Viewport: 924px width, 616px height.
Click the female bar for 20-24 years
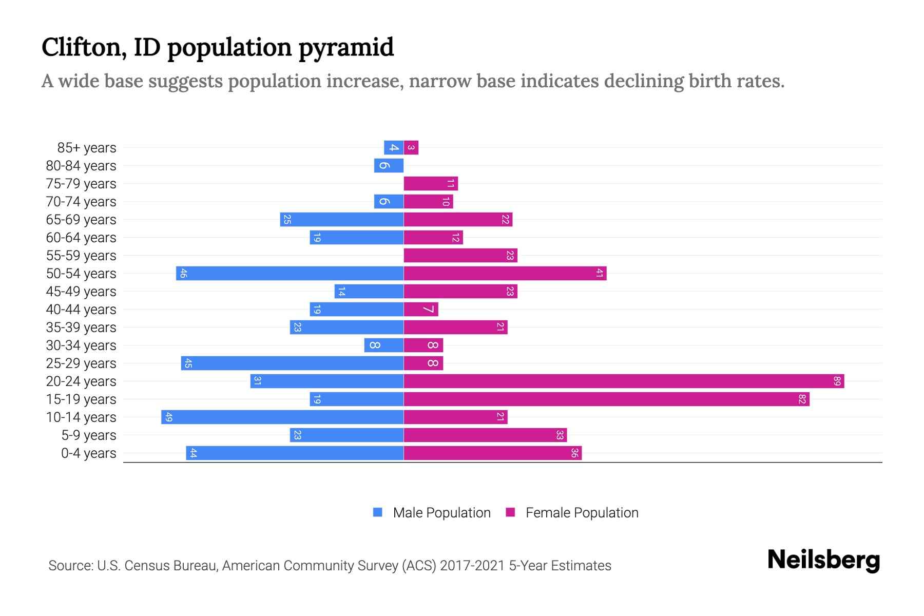(x=624, y=381)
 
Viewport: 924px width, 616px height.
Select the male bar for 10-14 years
(x=282, y=417)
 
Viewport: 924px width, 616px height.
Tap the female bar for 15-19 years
(x=606, y=399)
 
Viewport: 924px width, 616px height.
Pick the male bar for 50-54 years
(x=290, y=273)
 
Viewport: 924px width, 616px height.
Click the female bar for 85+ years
(x=411, y=147)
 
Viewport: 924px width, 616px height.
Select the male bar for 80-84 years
(x=389, y=165)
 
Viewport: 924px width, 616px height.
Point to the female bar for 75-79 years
(x=430, y=183)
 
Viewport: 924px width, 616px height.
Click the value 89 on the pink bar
(x=837, y=381)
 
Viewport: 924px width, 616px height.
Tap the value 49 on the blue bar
(x=169, y=417)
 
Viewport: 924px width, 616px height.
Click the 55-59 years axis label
(x=81, y=255)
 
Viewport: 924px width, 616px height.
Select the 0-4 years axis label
(x=88, y=453)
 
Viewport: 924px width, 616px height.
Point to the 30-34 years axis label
(x=81, y=345)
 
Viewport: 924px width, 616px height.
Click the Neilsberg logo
(x=823, y=560)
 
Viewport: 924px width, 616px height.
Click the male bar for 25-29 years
(x=292, y=363)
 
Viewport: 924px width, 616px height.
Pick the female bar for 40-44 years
(x=421, y=309)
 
